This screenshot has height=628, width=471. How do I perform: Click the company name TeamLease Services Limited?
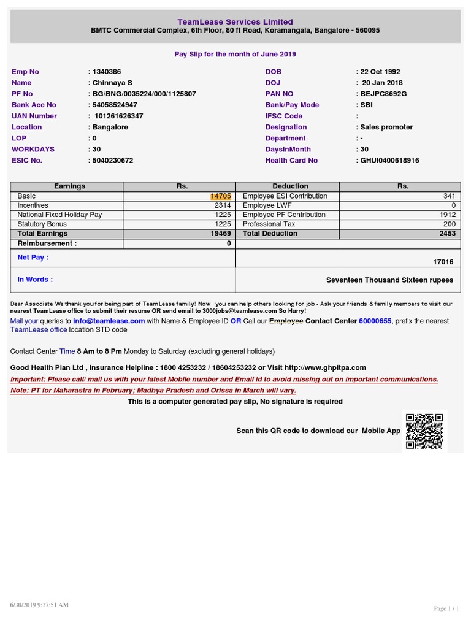click(x=235, y=21)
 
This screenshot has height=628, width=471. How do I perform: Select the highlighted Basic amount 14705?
click(x=221, y=196)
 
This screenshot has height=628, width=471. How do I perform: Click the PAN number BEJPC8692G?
click(x=383, y=94)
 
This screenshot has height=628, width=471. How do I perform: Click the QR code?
click(x=424, y=431)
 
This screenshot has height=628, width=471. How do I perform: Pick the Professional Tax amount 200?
click(x=450, y=224)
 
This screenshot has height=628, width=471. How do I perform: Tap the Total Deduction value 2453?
click(x=448, y=234)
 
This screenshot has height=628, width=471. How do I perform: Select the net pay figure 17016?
click(x=443, y=262)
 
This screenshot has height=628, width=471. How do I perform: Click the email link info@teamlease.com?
click(x=109, y=321)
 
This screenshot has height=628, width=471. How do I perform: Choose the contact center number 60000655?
click(x=375, y=321)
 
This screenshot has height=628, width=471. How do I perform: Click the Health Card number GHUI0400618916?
click(x=389, y=160)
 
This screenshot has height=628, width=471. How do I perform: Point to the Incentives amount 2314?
click(x=223, y=205)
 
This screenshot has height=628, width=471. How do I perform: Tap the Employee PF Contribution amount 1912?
click(x=448, y=215)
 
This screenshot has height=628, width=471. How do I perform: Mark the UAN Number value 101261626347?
click(x=119, y=116)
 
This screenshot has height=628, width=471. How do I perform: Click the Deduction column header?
click(x=290, y=186)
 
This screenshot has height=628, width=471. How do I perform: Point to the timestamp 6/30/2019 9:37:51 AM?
click(x=39, y=605)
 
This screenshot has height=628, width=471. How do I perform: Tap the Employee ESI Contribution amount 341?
click(x=450, y=196)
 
